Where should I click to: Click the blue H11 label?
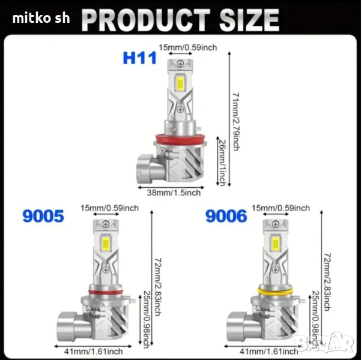140,58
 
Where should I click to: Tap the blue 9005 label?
43,216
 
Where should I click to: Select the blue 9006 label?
226,216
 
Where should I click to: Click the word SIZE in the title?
249,20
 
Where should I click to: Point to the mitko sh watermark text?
41,18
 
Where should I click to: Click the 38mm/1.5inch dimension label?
174,193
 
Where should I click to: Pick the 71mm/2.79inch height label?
236,122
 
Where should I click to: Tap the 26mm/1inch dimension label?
222,163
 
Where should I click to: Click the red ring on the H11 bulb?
180,139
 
